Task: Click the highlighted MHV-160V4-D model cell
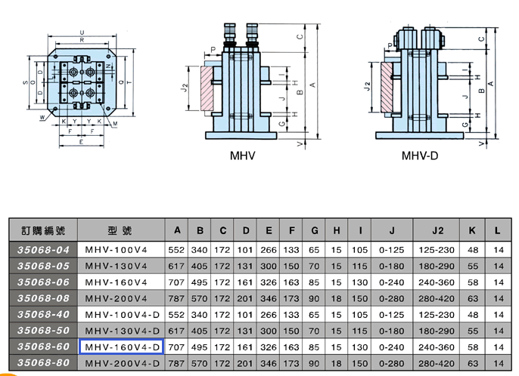(122, 347)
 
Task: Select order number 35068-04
(43, 250)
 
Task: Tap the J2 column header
(437, 230)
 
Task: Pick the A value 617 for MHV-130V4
(176, 266)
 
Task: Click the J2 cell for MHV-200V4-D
(437, 363)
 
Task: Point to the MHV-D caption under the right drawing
(420, 156)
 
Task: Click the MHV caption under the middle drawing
(243, 156)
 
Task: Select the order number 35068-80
(43, 362)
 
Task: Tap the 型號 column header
(120, 230)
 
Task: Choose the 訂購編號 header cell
(43, 230)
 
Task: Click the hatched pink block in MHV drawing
(207, 88)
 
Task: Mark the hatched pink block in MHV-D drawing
(387, 87)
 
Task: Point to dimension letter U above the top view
(82, 32)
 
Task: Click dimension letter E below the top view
(81, 142)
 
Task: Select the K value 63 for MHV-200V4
(473, 298)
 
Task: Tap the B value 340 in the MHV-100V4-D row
(199, 315)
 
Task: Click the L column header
(498, 230)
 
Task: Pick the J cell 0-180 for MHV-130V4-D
(392, 331)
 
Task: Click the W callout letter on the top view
(42, 117)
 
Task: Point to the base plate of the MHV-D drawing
(420, 135)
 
